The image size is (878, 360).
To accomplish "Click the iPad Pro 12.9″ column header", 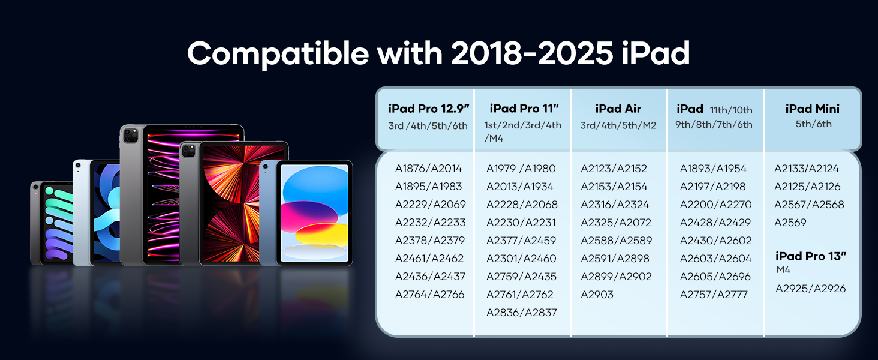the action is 428,109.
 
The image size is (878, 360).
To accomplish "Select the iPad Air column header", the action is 618,109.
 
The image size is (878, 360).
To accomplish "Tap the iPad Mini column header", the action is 813,109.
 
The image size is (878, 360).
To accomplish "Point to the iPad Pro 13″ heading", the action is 811,256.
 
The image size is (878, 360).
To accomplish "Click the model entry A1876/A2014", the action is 428,168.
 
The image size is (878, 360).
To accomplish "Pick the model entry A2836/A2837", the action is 522,313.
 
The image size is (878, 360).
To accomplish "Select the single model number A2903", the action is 597,295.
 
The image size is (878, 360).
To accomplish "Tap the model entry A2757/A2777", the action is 714,295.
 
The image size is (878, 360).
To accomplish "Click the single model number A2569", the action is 790,223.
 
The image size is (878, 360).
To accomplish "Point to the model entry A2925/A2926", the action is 811,289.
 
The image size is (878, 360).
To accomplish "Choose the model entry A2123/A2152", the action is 614,168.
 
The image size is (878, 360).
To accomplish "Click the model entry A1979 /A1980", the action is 521,168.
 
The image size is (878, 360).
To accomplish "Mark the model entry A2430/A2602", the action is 715,241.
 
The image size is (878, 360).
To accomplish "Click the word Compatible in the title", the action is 278,54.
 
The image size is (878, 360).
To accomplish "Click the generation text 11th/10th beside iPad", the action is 731,110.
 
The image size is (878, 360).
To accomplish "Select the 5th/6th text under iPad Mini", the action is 813,124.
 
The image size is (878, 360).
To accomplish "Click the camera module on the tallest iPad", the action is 131,136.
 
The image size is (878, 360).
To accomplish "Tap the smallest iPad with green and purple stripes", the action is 52,223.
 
